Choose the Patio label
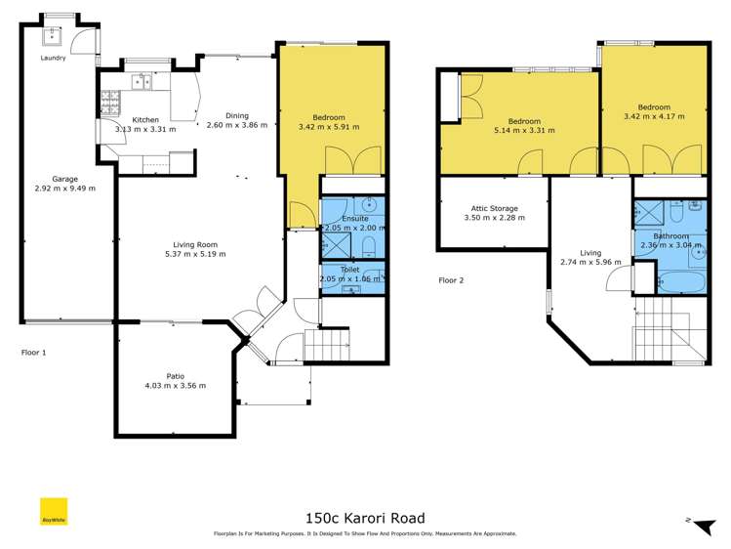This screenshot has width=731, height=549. coord(175,375)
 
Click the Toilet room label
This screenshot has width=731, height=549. coord(350,270)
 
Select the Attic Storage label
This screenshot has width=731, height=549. coord(494,208)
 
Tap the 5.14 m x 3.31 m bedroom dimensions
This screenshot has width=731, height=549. coord(524,130)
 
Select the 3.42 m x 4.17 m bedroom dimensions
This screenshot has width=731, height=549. coord(654,116)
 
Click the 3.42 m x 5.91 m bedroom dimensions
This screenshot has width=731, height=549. coord(329,127)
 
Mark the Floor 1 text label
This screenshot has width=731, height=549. coord(34,352)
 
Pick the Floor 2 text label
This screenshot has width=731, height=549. coord(451,280)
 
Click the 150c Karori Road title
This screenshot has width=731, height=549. coord(365,518)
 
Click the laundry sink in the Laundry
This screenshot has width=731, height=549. coord(53,39)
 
